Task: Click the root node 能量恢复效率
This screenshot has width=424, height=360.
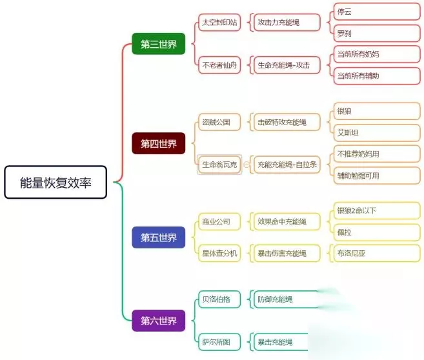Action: point(55,183)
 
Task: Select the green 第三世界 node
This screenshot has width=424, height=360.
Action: point(159,44)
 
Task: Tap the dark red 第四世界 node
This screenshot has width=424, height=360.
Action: point(159,143)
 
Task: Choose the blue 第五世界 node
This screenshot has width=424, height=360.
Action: point(159,236)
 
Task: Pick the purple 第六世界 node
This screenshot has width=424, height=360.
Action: point(159,320)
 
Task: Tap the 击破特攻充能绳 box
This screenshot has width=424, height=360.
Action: point(285,121)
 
